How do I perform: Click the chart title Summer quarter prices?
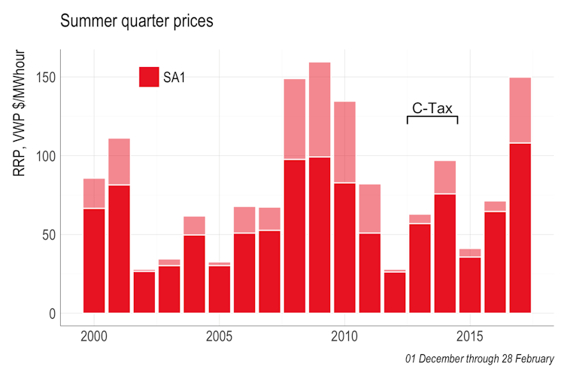click(x=136, y=21)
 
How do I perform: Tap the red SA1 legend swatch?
click(x=149, y=77)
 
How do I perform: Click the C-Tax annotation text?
click(x=432, y=109)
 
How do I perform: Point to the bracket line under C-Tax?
click(x=432, y=117)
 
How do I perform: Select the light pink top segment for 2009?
click(x=320, y=109)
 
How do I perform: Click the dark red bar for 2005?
click(x=219, y=289)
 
